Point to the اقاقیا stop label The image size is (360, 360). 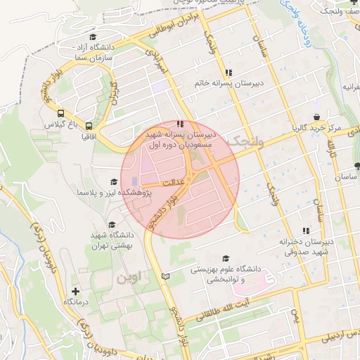(89, 134)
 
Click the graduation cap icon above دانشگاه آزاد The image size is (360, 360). (92, 38)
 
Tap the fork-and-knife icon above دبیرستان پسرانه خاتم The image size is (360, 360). (229, 72)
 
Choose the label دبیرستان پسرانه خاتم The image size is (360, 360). (229, 83)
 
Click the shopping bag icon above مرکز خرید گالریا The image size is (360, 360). (316, 117)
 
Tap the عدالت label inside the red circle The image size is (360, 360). (173, 181)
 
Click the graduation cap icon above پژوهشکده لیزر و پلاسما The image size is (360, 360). (113, 181)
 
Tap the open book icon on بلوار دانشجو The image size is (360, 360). (166, 277)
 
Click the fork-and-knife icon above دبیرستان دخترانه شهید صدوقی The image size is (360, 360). (305, 231)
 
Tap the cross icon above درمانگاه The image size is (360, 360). (76, 290)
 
